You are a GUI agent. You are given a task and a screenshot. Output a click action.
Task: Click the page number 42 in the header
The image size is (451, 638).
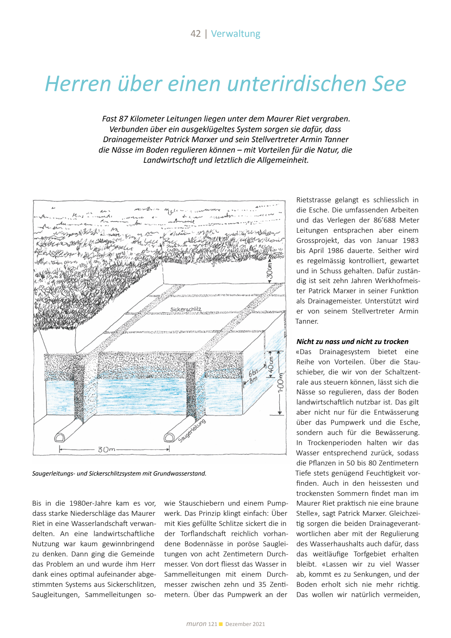click(x=195, y=34)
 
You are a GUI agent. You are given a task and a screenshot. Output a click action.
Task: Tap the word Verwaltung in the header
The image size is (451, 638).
click(x=236, y=34)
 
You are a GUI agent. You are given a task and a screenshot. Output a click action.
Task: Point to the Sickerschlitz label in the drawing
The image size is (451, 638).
click(x=186, y=309)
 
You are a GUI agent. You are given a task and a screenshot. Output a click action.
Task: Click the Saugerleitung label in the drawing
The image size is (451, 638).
click(x=192, y=430)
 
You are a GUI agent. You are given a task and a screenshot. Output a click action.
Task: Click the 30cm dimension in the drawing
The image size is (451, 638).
click(x=270, y=270)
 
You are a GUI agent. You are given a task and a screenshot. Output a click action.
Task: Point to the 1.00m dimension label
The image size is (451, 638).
click(x=280, y=385)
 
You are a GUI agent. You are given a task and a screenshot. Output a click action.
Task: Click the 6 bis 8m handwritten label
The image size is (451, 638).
click(x=254, y=375)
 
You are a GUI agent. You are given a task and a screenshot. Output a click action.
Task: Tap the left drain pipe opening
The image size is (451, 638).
click(x=60, y=437)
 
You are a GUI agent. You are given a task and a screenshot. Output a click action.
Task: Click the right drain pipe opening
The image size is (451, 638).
click(x=169, y=437)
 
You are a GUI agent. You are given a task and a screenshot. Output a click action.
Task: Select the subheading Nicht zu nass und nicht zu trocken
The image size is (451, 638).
click(x=352, y=342)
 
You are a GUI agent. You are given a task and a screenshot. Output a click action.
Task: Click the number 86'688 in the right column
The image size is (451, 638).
click(x=384, y=220)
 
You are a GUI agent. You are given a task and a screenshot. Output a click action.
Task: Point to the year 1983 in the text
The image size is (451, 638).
click(x=410, y=241)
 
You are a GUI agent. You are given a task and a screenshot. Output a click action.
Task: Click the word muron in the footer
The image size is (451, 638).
click(x=196, y=624)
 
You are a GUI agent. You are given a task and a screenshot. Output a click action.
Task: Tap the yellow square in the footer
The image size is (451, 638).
click(x=221, y=624)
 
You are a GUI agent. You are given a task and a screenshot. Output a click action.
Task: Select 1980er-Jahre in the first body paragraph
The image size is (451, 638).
click(x=92, y=503)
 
